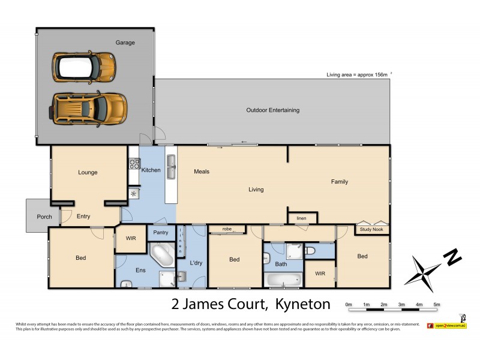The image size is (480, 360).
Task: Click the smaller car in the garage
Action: point(83,66)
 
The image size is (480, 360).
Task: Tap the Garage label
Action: point(125,43)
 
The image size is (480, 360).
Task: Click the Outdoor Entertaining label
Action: point(272,110)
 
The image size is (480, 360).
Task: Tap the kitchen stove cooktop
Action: point(133,163)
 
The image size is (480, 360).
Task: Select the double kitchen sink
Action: point(171,167)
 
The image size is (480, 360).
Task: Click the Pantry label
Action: point(160,232)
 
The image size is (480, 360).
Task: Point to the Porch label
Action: point(37,217)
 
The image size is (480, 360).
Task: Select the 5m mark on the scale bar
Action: point(437,305)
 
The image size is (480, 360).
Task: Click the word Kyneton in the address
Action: point(303,304)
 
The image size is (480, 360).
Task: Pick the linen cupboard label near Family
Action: point(302,218)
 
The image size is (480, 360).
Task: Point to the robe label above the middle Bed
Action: point(227,229)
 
